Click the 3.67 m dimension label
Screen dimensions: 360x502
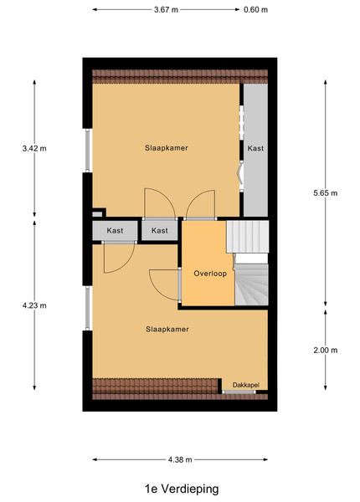tap(166, 9)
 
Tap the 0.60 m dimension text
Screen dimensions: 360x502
tap(255, 9)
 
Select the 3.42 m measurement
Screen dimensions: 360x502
tap(34, 148)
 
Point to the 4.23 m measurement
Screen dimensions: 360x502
tap(34, 305)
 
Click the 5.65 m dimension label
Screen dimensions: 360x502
tap(326, 192)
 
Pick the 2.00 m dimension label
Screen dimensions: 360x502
tap(326, 350)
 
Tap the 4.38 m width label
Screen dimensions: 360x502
tap(180, 459)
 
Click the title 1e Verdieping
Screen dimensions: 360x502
tap(182, 489)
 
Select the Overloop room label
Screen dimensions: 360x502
tap(210, 274)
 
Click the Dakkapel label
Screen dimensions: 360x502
tap(245, 385)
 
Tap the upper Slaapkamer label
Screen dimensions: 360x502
tap(167, 148)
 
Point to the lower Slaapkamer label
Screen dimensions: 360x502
tap(167, 329)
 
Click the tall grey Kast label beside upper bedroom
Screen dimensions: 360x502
tap(255, 148)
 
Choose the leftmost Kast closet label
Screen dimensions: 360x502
tap(115, 231)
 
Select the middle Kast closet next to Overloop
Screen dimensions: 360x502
tap(160, 231)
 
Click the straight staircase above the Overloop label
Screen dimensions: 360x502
tap(248, 237)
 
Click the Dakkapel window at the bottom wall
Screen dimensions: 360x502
tap(239, 392)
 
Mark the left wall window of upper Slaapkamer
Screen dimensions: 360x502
tap(89, 151)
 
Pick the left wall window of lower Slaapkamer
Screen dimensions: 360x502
tap(89, 308)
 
